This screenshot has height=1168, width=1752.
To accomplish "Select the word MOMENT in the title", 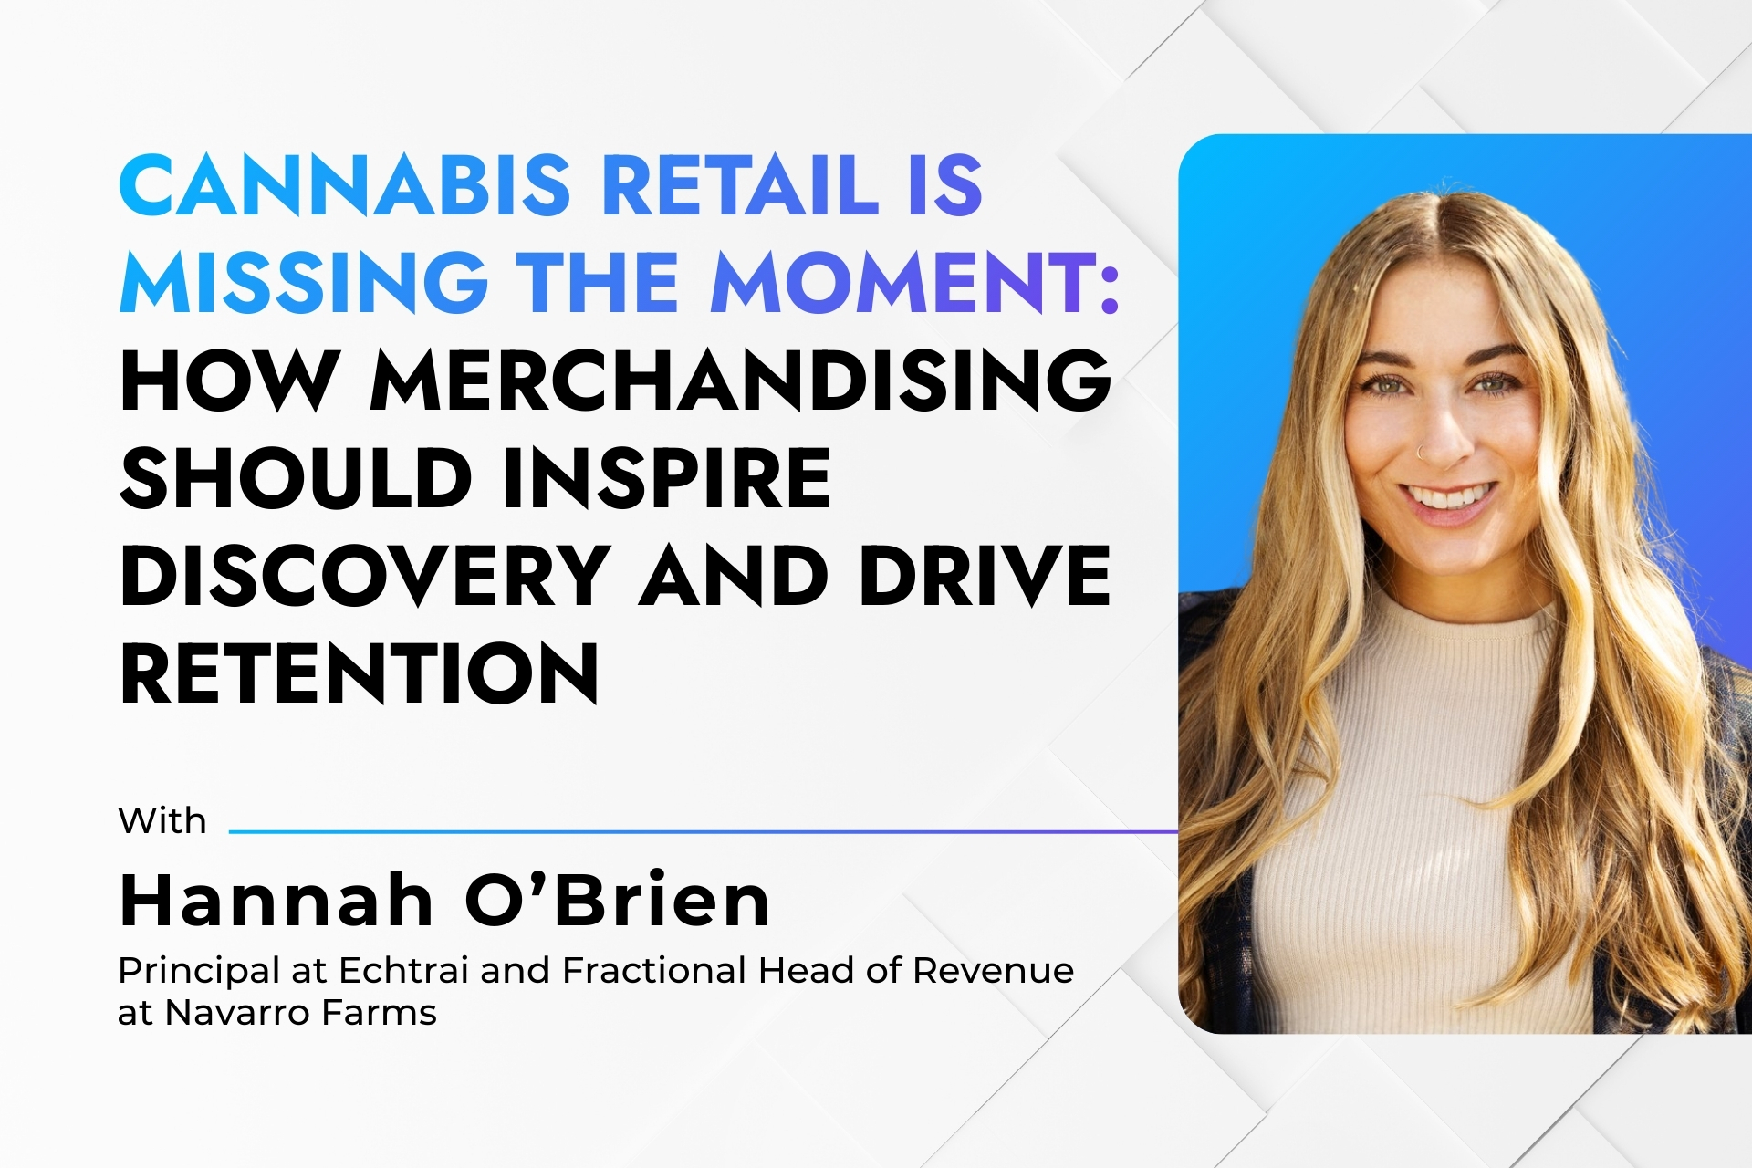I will (x=904, y=282).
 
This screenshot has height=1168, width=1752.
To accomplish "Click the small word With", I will (x=162, y=821).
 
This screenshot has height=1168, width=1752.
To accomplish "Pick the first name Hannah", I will (x=276, y=901).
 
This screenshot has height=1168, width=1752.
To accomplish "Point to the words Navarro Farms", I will (x=301, y=1013).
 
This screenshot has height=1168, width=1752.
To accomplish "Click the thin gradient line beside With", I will (x=703, y=831).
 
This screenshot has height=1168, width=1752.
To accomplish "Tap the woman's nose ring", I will (x=1419, y=450).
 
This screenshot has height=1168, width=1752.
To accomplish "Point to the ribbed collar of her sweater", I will (x=1460, y=630).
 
